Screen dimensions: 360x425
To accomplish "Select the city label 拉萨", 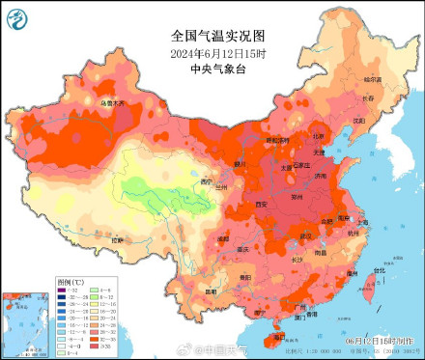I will click(x=117, y=238).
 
